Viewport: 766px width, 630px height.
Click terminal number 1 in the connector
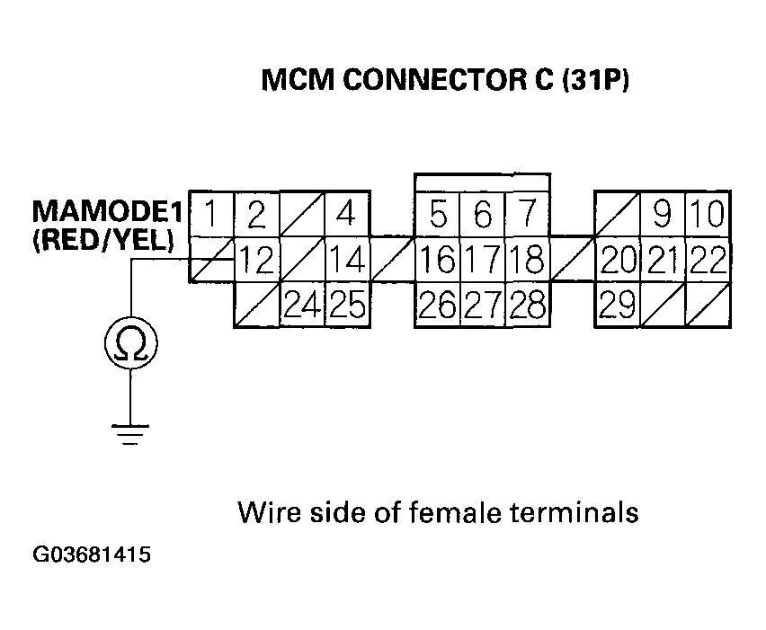[212, 215]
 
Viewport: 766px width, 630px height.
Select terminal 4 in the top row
[346, 215]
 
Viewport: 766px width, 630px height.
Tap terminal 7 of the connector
[528, 215]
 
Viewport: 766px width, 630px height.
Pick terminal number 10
[708, 215]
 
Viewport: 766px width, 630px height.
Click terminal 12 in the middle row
[257, 261]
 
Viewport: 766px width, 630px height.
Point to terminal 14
[346, 261]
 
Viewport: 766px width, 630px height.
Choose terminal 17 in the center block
[483, 261]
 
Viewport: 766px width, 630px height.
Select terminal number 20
[618, 261]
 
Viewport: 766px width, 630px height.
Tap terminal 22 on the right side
[708, 261]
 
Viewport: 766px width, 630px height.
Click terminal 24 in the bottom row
[302, 306]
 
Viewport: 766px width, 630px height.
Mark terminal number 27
[483, 306]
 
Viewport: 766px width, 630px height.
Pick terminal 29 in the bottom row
[618, 306]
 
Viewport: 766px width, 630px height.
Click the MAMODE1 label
[108, 213]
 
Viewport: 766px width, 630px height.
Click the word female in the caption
[459, 512]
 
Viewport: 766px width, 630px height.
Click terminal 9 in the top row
[663, 215]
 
